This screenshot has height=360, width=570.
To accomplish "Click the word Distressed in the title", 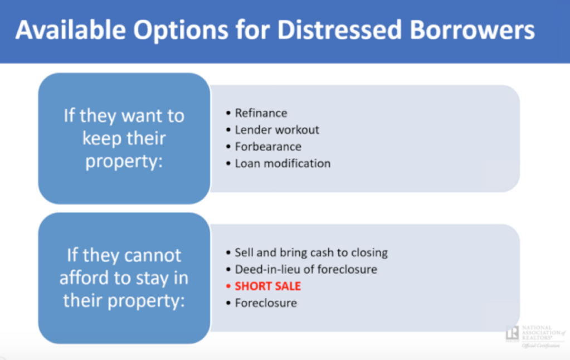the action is coord(339,30).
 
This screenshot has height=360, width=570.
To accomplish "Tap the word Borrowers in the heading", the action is coord(472,30).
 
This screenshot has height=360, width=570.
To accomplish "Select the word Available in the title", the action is coord(71,30).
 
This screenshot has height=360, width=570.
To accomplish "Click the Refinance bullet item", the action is coord(261,113).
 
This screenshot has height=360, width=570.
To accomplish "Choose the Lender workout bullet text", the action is coord(277,130).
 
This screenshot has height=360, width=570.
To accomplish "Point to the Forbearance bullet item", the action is coord(268,147).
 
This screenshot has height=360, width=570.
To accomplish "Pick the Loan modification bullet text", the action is coord(283,164).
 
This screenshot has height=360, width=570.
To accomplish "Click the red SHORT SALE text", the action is coord(268,286).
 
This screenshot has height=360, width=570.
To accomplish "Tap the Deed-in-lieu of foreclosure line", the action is coord(306,270).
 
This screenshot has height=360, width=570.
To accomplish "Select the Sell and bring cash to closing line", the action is coord(311,253).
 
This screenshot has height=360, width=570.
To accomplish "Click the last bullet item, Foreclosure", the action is coord(266,303).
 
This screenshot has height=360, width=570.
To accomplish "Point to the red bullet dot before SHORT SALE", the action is coord(228,286).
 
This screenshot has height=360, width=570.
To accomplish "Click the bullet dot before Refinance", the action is coord(228,113).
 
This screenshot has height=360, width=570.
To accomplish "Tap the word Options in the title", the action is coord(181,30).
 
